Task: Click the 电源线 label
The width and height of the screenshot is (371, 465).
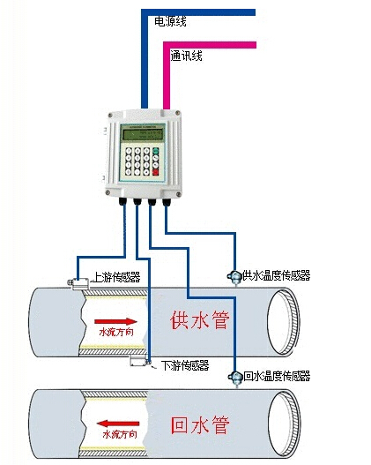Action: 170,21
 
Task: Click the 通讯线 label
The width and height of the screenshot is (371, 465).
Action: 186,56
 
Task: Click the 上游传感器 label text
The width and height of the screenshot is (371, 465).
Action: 116,277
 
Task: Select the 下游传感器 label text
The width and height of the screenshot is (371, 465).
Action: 185,364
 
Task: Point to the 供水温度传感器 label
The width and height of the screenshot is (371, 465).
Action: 277,275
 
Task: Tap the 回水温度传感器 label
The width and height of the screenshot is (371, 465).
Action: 277,377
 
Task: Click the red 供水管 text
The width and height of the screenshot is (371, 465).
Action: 199,319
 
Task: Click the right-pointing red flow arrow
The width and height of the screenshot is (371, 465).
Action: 115,321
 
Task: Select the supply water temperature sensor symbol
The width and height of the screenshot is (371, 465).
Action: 234,277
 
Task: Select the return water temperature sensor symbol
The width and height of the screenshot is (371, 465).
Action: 235,378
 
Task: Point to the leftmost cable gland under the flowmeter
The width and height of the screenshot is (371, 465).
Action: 121,203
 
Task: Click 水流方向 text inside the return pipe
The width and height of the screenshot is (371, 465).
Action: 119,435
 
